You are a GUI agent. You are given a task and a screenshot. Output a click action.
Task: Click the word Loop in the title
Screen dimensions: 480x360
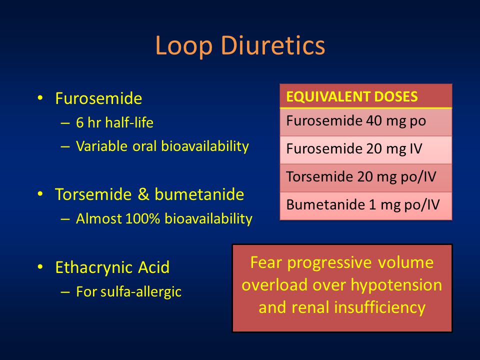(183, 45)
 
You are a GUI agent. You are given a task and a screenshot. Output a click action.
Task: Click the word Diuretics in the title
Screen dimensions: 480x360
(272, 45)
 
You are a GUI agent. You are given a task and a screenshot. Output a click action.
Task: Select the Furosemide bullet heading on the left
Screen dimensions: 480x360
(98, 98)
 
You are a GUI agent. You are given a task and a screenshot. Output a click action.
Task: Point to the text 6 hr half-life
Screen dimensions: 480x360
(114, 122)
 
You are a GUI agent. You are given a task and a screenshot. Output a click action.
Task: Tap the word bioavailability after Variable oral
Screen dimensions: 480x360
(205, 146)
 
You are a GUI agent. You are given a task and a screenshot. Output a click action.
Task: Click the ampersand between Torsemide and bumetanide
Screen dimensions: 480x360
(143, 194)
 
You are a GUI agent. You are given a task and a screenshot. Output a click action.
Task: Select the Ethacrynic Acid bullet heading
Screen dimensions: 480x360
(112, 267)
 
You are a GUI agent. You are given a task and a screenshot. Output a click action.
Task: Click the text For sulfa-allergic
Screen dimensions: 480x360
(128, 291)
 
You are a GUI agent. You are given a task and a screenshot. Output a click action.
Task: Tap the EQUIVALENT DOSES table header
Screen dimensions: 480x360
(351, 96)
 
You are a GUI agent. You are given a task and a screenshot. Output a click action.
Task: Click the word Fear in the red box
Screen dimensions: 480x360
(266, 262)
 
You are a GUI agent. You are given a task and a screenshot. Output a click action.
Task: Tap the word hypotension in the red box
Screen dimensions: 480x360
(396, 285)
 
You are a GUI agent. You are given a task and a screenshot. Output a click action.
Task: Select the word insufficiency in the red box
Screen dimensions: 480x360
(379, 307)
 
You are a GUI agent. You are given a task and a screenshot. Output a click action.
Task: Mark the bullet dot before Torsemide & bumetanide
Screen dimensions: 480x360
(40, 194)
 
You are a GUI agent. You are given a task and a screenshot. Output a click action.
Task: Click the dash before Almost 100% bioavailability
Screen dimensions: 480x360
(65, 219)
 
